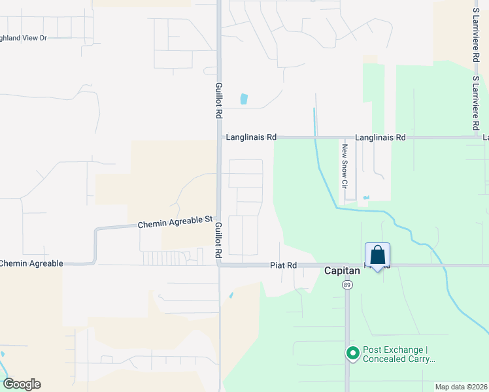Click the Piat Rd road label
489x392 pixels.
(x=284, y=265)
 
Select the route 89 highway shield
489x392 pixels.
(x=346, y=285)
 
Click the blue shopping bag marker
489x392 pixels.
(x=378, y=255)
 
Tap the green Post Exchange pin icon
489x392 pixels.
(x=353, y=353)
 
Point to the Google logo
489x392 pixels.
(x=22, y=384)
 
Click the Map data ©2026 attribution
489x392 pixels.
(x=460, y=387)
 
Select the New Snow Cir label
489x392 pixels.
(x=344, y=166)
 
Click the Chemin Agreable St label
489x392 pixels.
(x=176, y=223)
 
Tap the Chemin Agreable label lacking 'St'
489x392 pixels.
(x=31, y=263)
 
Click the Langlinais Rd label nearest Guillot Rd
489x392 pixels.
(x=251, y=137)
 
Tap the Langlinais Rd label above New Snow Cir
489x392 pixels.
(x=380, y=137)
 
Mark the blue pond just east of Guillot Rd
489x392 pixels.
(x=244, y=99)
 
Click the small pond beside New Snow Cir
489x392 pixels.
(x=365, y=197)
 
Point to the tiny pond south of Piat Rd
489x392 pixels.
(x=231, y=295)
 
